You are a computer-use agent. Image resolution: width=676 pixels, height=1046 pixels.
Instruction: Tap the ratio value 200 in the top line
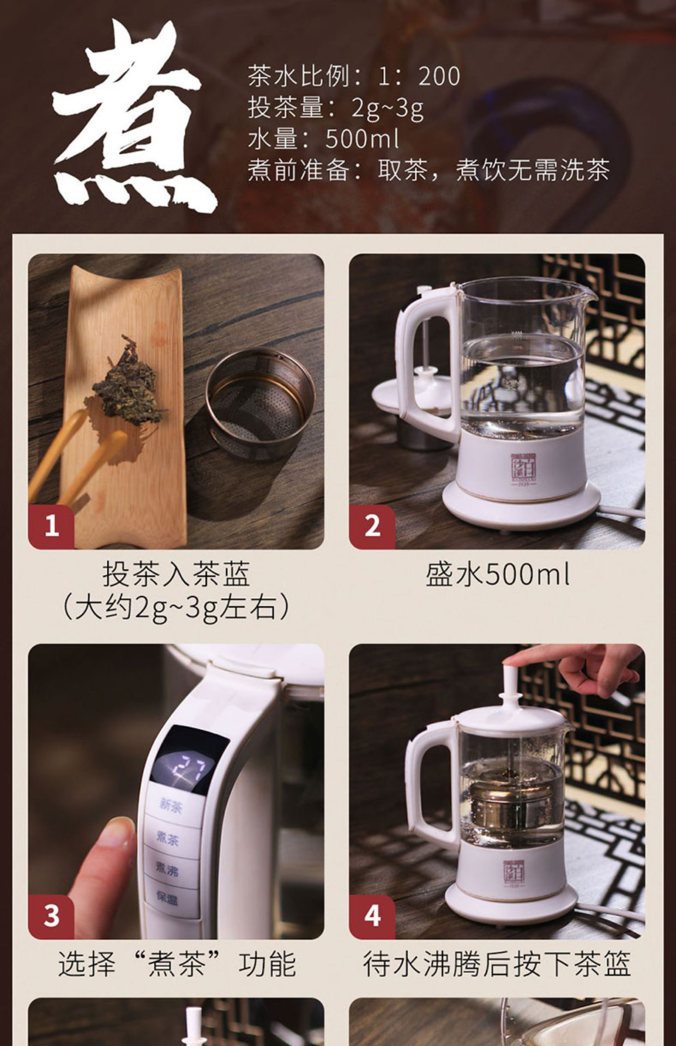(439, 76)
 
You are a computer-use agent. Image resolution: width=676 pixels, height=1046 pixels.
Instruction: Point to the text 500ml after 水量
(363, 139)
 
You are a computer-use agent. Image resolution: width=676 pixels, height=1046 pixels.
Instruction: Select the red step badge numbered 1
(51, 526)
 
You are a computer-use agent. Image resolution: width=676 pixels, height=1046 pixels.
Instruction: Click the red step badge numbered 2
(372, 526)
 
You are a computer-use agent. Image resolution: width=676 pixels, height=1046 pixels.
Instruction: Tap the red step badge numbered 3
(51, 916)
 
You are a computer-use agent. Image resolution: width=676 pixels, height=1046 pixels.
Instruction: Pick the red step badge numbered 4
(372, 916)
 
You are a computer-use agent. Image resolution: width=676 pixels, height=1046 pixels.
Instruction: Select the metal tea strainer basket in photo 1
(260, 404)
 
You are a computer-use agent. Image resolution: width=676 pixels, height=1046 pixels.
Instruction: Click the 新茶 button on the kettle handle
(171, 805)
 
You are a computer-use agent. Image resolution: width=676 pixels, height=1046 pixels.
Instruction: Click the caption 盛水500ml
(498, 575)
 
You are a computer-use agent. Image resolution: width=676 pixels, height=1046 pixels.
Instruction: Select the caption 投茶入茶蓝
(176, 574)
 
